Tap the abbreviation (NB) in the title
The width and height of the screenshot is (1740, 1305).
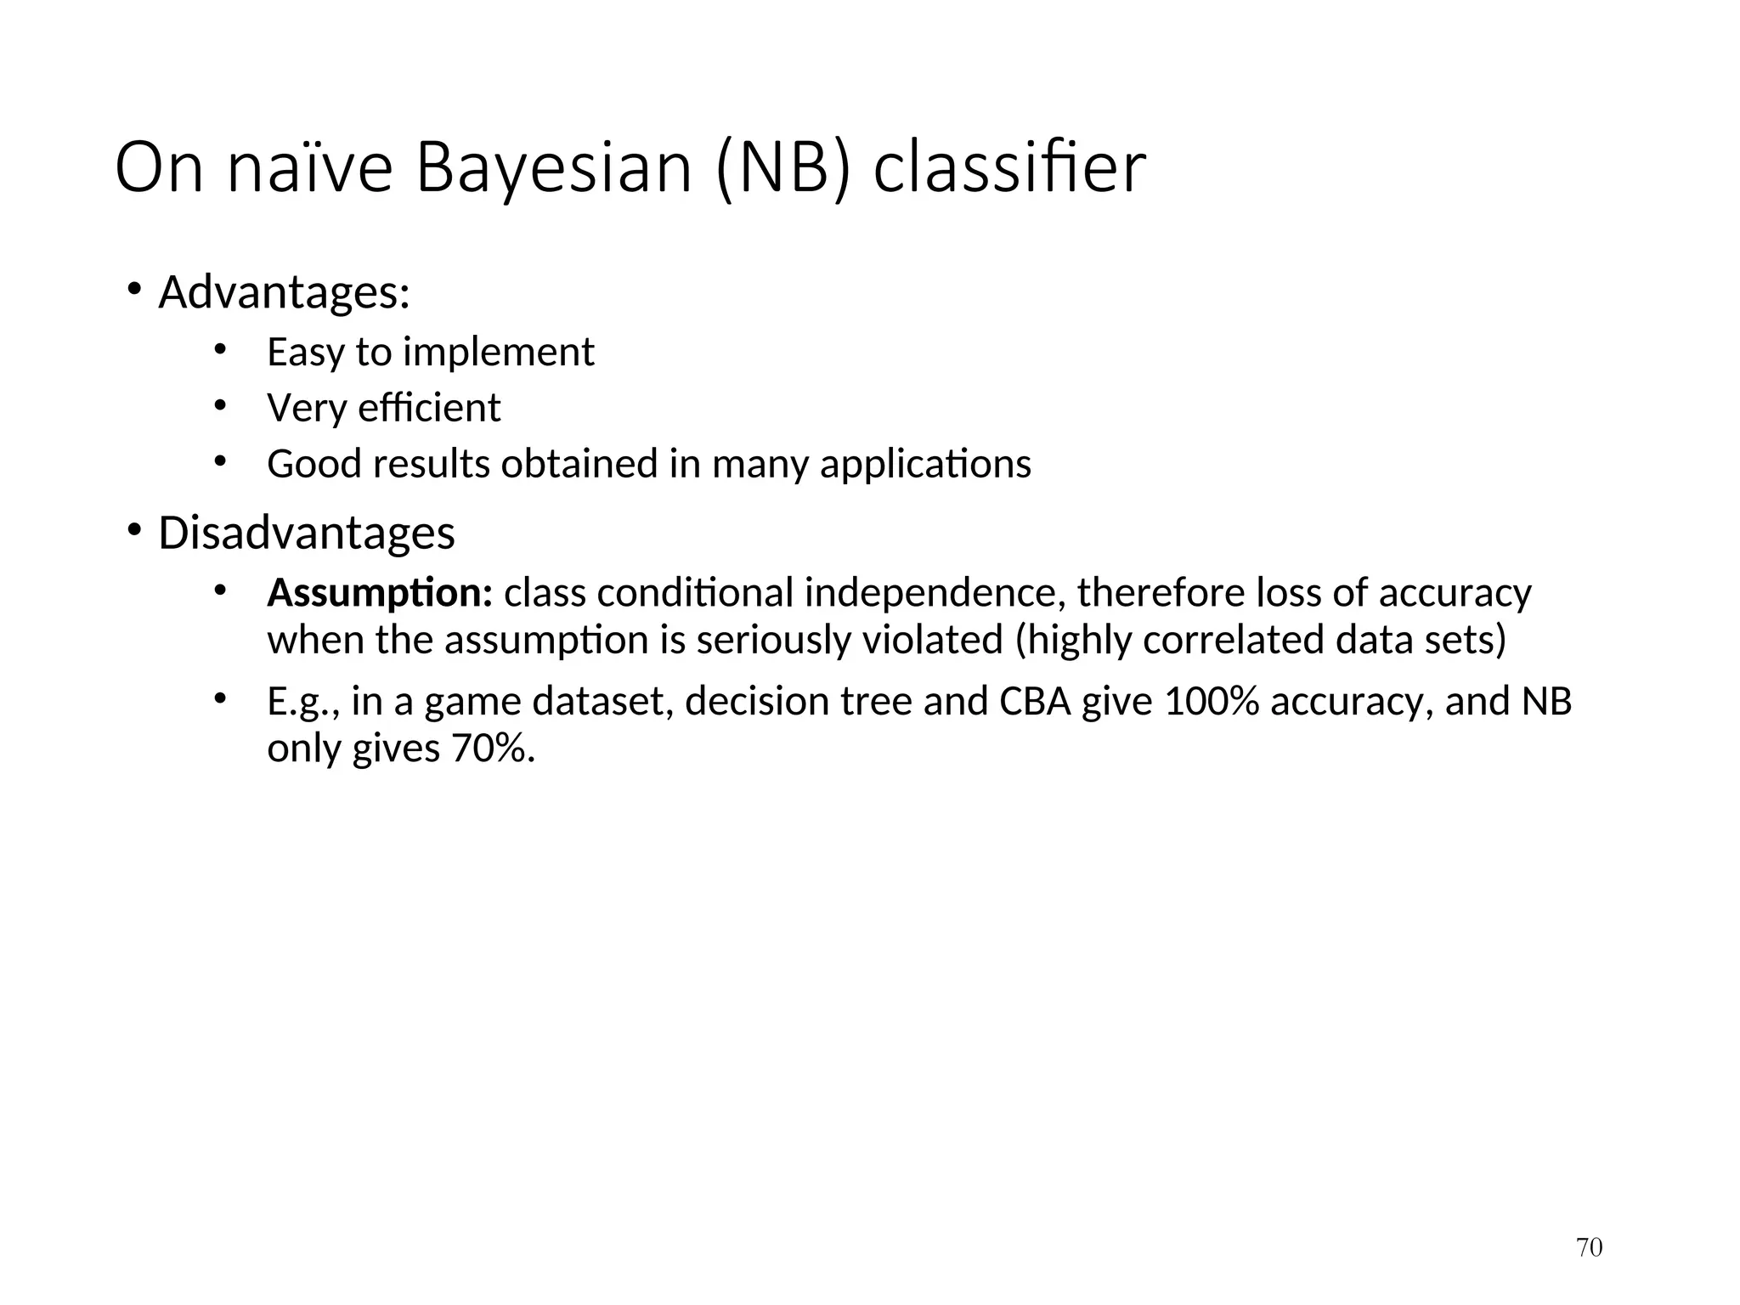(x=782, y=168)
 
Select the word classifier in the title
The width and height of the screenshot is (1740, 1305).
(x=1009, y=168)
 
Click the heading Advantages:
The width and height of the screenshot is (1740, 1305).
(x=285, y=293)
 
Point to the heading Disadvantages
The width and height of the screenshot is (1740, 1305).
(x=307, y=534)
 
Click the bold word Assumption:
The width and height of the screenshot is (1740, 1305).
(x=380, y=593)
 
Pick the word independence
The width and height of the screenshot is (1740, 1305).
(x=935, y=593)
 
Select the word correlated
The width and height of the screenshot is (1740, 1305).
(x=1234, y=640)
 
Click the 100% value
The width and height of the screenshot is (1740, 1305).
(x=1211, y=702)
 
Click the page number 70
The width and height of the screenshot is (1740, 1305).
(x=1589, y=1247)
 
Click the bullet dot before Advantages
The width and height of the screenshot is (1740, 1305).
(x=134, y=291)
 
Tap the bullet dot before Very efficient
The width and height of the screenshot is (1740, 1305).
(x=220, y=406)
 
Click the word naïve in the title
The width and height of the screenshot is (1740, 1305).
(x=310, y=168)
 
